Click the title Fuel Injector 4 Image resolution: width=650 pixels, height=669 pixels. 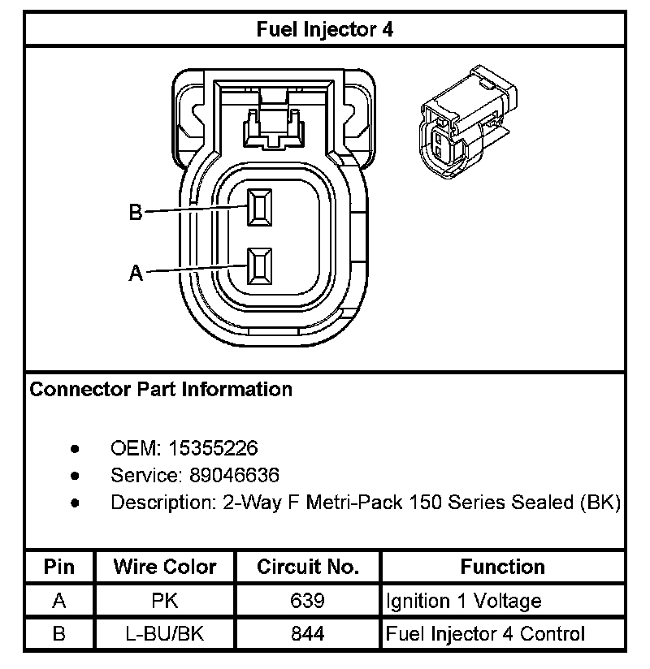pyautogui.click(x=325, y=29)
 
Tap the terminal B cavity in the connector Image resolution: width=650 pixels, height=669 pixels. pyautogui.click(x=260, y=207)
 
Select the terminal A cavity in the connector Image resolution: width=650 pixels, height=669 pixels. pyautogui.click(x=260, y=266)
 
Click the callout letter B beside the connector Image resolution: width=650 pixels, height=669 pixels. pyautogui.click(x=136, y=213)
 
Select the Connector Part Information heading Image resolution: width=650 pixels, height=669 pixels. pyautogui.click(x=161, y=390)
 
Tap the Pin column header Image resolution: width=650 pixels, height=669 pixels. pyautogui.click(x=58, y=567)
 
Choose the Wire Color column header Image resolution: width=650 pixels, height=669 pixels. pyautogui.click(x=165, y=567)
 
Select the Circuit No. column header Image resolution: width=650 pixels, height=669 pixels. pyautogui.click(x=307, y=567)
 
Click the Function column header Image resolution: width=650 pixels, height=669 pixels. pyautogui.click(x=503, y=567)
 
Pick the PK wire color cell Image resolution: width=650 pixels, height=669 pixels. pyautogui.click(x=165, y=601)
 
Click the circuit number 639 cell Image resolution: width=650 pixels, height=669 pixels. pyautogui.click(x=307, y=601)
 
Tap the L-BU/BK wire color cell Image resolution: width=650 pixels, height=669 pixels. pyautogui.click(x=165, y=633)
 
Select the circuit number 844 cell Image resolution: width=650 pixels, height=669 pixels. pyautogui.click(x=307, y=633)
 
